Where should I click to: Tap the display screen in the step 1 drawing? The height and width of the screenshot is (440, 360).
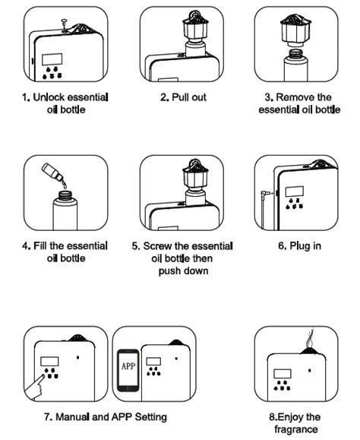click(52, 59)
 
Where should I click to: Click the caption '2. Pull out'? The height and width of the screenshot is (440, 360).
click(181, 97)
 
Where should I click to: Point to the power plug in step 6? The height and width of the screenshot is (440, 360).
click(264, 194)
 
